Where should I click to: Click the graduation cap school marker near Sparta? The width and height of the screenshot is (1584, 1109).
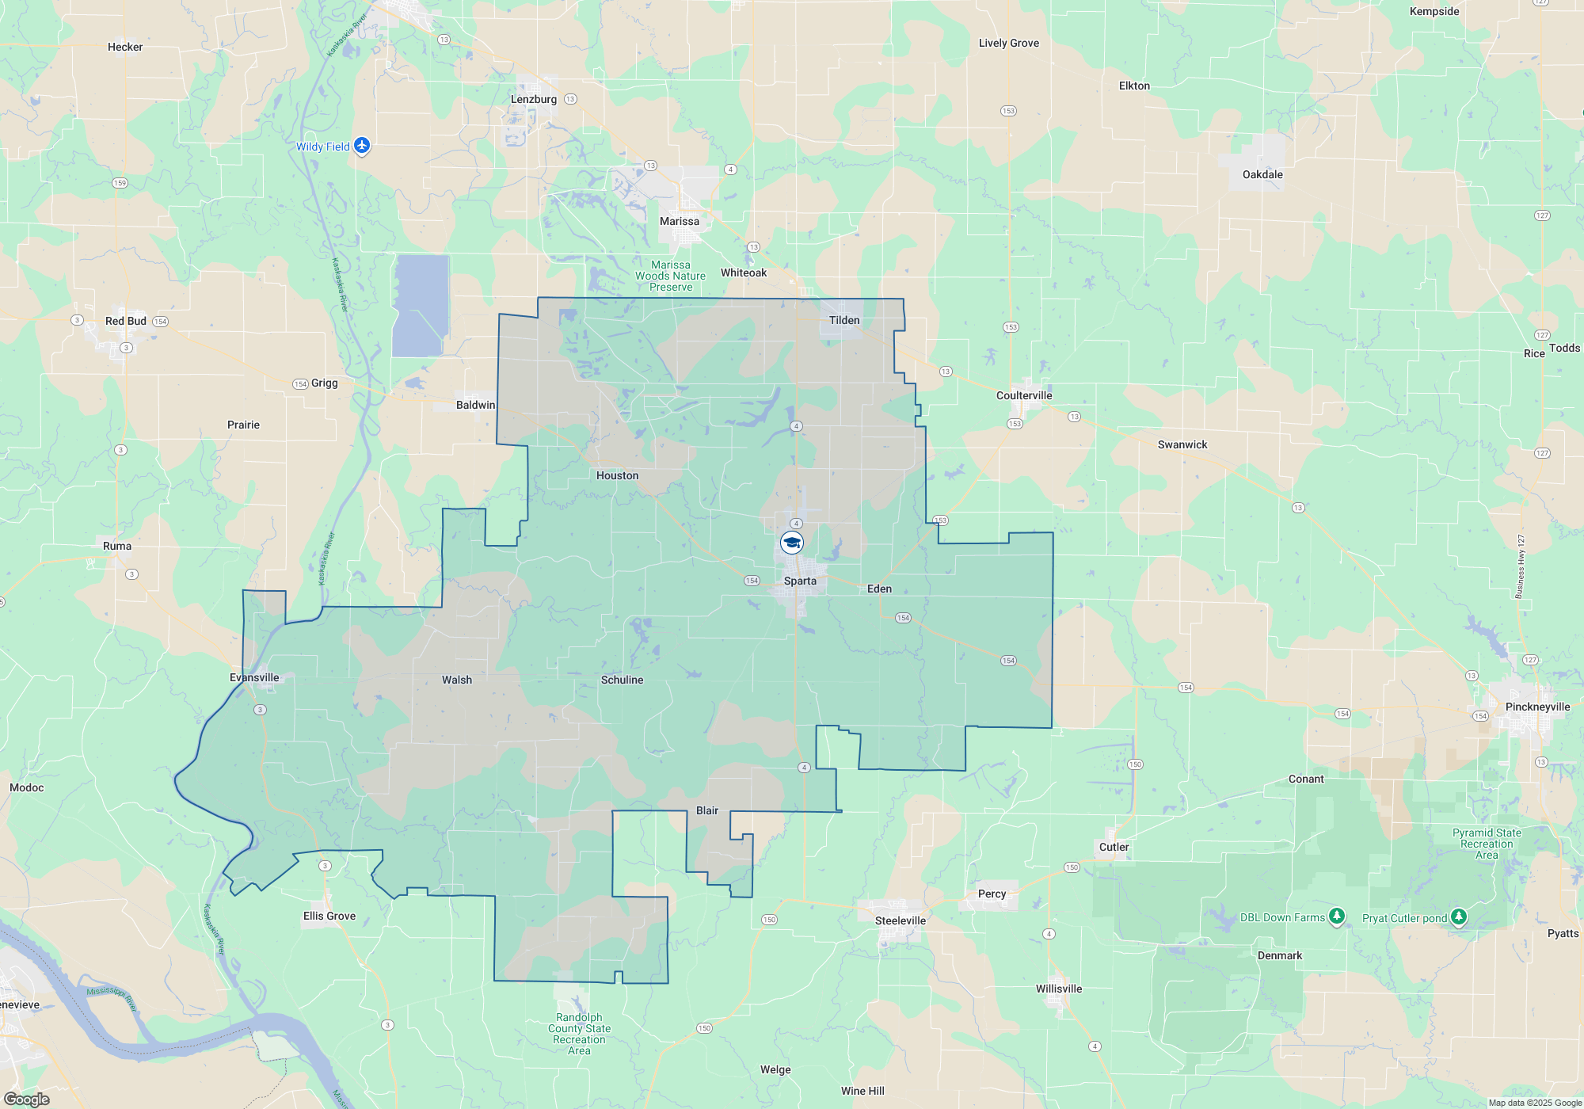[792, 543]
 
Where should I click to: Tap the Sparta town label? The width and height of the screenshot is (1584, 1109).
[800, 581]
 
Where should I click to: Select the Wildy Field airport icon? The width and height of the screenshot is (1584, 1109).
[362, 145]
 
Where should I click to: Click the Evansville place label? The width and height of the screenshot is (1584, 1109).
[254, 677]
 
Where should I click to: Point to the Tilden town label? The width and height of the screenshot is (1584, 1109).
[844, 320]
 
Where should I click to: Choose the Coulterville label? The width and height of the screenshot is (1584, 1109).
[1024, 395]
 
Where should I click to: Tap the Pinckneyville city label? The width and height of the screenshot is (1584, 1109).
[1537, 707]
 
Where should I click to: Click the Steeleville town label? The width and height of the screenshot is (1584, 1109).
[901, 920]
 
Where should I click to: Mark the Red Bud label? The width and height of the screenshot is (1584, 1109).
[126, 321]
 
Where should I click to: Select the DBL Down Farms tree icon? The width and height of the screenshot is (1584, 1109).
[1337, 917]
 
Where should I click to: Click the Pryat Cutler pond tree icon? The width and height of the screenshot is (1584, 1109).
[1458, 917]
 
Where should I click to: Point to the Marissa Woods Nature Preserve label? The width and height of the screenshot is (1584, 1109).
[670, 276]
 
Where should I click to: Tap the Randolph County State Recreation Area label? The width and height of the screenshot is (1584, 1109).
[579, 1034]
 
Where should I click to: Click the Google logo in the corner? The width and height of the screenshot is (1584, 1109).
[27, 1099]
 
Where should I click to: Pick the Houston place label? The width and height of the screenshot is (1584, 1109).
[617, 475]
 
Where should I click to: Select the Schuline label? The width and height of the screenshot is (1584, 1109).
[622, 680]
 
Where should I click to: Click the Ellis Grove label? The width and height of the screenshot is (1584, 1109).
[329, 916]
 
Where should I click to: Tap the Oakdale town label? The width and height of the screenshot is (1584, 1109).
[1262, 174]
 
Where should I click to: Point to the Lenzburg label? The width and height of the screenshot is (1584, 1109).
[534, 99]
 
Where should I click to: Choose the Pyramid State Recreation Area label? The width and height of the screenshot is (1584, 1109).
[1487, 844]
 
